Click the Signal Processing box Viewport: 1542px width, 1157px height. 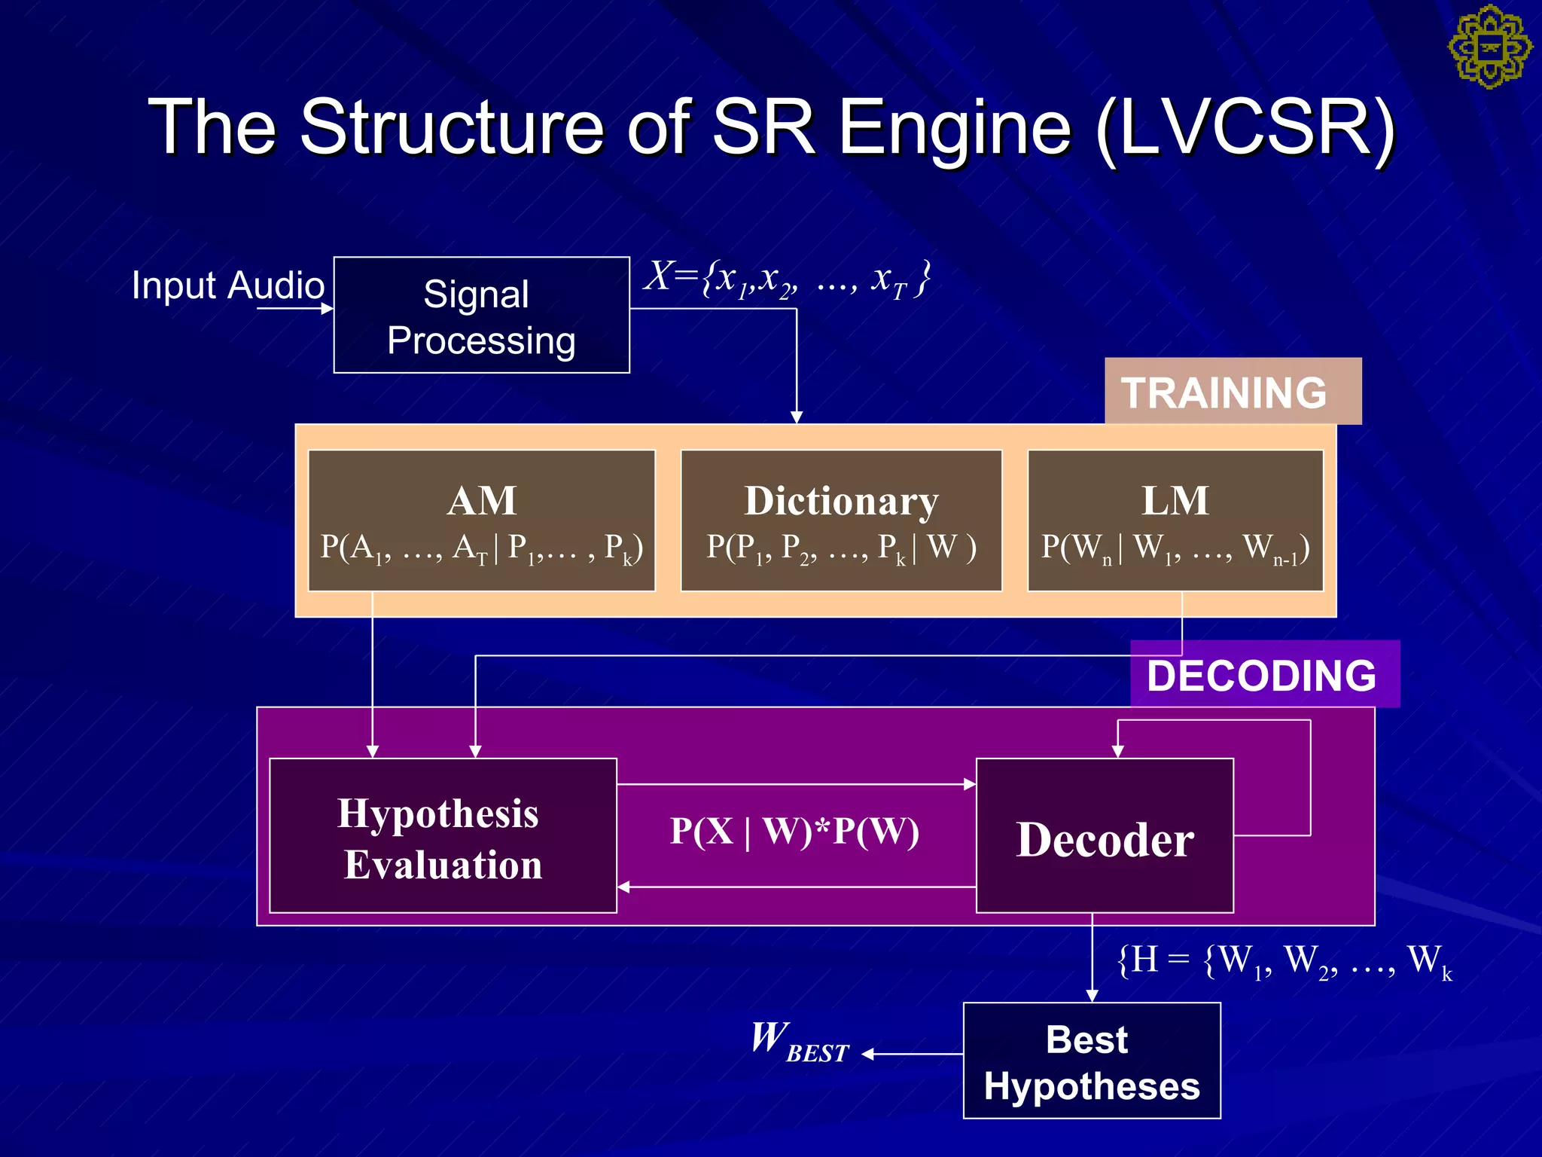481,316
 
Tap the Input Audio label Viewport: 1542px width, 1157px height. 227,285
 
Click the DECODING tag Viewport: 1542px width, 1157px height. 1263,675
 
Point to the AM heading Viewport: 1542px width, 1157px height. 482,501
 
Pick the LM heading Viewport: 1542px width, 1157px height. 1175,501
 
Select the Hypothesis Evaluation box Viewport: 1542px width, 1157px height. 443,836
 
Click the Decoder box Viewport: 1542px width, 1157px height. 1105,838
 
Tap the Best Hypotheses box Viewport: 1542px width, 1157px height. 1091,1061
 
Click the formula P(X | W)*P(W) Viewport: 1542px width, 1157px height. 794,832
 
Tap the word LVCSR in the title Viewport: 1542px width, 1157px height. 1246,127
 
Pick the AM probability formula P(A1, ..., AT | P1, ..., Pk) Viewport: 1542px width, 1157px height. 481,548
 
